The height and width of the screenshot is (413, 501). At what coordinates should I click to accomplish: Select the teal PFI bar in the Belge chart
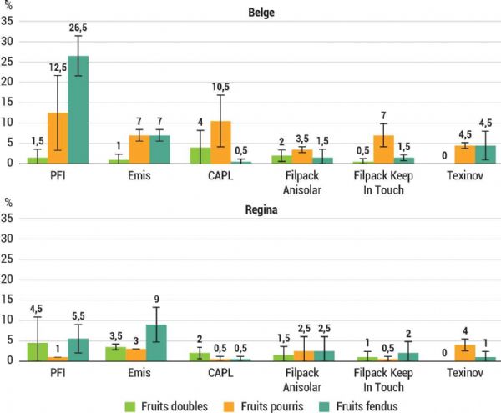(78, 109)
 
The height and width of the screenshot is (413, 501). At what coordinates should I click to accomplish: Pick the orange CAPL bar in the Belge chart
(220, 142)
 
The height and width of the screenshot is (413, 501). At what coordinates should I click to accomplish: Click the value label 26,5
(78, 29)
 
